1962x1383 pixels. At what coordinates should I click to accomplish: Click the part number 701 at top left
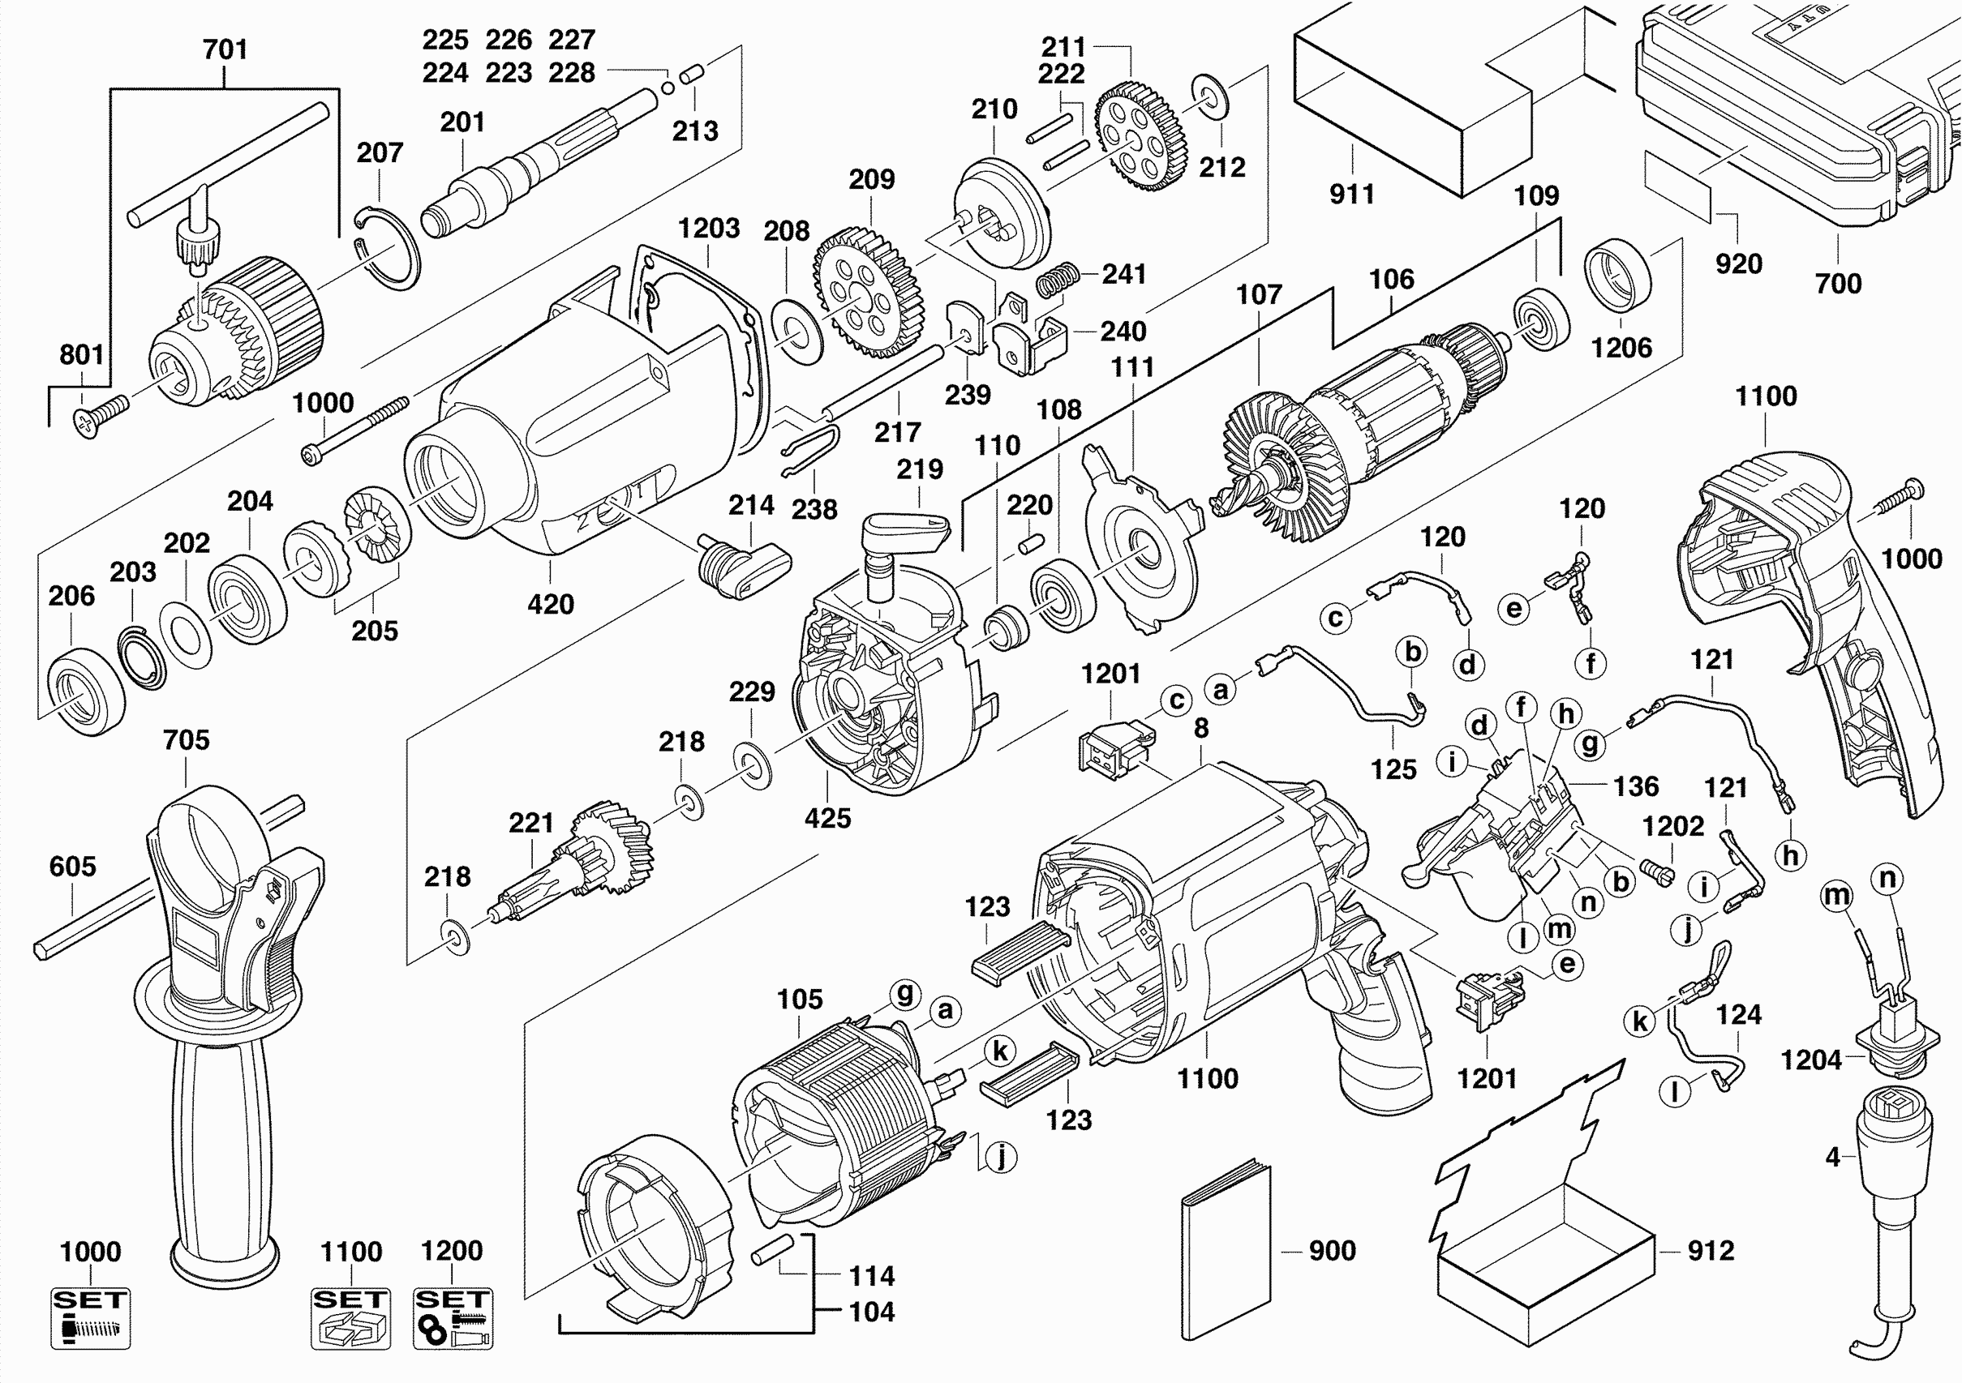225,49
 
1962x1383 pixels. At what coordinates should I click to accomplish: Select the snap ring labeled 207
389,247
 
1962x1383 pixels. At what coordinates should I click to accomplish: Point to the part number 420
550,604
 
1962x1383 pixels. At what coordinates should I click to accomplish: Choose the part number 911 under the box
1352,194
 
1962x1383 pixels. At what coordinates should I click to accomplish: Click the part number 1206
1621,348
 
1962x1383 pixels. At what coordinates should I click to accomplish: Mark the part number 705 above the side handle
187,740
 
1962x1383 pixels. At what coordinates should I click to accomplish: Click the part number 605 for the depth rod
73,866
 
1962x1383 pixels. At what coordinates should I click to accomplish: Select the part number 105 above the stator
800,999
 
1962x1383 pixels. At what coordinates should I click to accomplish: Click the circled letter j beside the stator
1002,1158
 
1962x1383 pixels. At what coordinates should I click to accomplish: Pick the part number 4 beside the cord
1832,1157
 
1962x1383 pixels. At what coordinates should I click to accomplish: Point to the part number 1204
1811,1060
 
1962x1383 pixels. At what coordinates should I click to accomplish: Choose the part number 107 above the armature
1259,295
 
